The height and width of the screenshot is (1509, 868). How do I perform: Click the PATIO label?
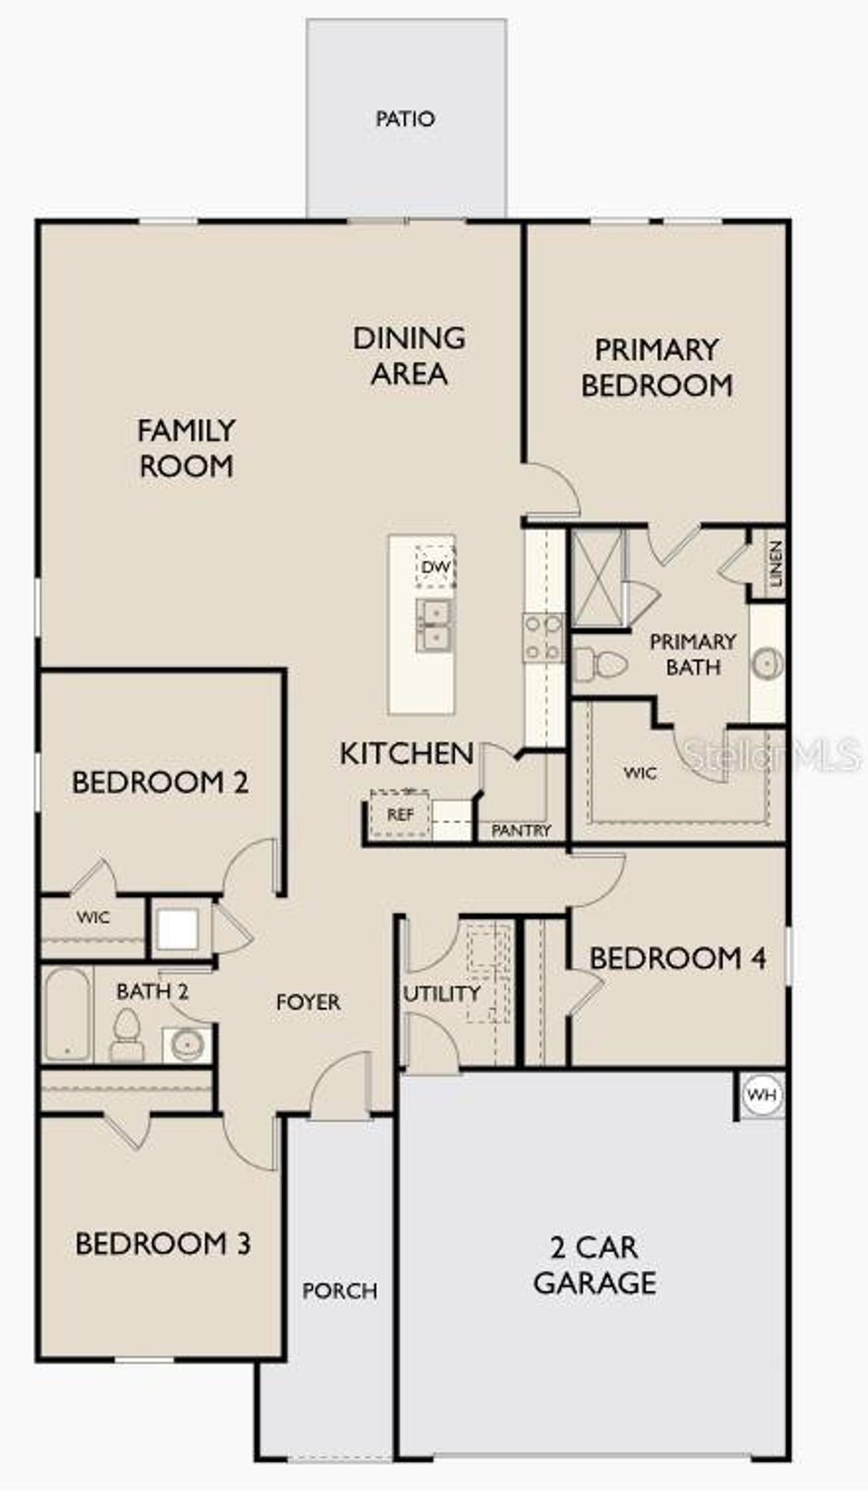(x=405, y=119)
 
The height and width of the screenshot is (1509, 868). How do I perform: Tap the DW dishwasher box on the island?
(x=435, y=566)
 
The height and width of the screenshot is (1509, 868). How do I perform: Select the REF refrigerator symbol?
(x=400, y=814)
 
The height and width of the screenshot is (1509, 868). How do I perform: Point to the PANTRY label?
(x=521, y=830)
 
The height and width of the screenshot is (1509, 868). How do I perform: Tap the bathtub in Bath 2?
(x=67, y=1015)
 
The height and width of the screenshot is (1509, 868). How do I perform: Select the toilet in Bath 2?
(x=126, y=1035)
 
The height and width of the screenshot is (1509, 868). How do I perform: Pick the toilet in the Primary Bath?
(x=600, y=664)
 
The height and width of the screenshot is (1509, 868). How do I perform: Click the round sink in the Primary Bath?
(x=767, y=664)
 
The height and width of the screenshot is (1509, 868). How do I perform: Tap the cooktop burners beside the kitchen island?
(x=542, y=637)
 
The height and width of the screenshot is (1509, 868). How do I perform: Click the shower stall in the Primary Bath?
(x=597, y=578)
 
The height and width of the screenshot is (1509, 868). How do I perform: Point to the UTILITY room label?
(x=442, y=994)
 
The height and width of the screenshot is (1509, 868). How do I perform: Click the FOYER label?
(x=308, y=1002)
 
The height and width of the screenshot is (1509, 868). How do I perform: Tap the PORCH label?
(x=340, y=1291)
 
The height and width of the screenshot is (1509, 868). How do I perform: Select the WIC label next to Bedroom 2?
(x=93, y=918)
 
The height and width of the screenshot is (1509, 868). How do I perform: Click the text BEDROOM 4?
(x=677, y=959)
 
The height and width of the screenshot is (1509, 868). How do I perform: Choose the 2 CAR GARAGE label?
(x=595, y=1265)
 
